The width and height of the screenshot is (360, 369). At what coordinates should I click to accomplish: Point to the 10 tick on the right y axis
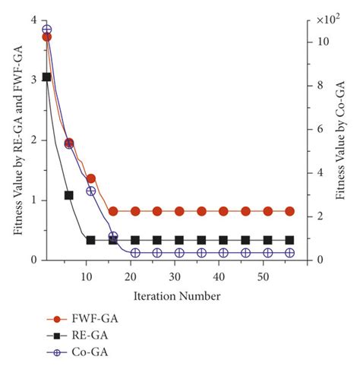(323, 42)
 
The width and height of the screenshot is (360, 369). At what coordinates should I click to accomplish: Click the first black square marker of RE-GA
(47, 77)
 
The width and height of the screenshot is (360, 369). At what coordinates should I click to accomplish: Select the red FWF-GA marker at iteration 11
(91, 178)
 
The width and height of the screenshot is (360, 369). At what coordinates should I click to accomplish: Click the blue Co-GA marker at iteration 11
(91, 191)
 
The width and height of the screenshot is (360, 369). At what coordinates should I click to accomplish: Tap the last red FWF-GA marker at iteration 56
(289, 211)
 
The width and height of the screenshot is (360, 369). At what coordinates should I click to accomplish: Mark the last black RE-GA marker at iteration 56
(289, 240)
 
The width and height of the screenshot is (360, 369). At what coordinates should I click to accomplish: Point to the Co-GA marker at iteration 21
(135, 253)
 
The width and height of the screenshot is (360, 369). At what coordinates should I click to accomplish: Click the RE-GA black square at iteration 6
(69, 195)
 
